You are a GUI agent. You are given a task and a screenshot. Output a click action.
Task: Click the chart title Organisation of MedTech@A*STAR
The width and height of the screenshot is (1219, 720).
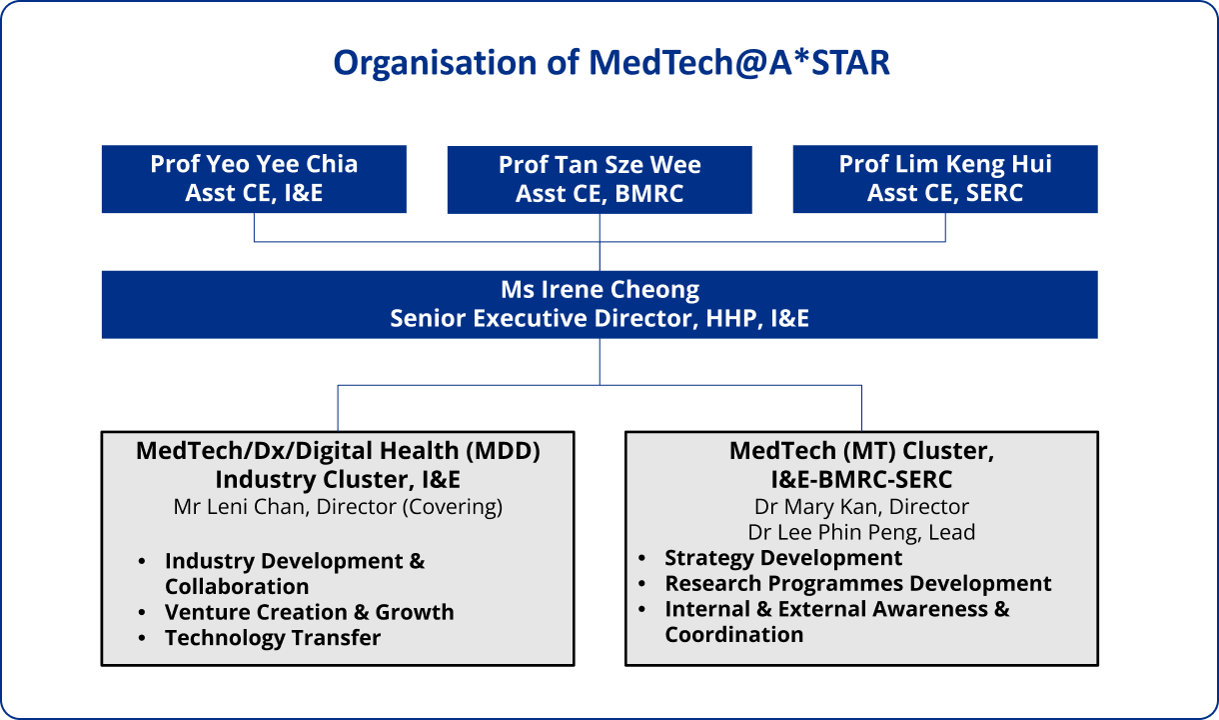tap(610, 62)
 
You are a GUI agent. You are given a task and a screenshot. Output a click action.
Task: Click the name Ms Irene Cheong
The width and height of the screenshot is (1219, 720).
tap(600, 290)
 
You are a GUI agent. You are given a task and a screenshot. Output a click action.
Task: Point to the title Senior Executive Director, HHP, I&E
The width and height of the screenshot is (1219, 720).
tap(600, 318)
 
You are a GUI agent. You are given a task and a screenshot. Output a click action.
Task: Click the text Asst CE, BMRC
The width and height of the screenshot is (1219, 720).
tap(600, 195)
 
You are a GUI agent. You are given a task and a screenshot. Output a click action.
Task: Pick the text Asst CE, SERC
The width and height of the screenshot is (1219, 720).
tap(945, 193)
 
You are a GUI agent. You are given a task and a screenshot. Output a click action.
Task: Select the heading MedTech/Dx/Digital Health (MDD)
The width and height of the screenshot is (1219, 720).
tap(338, 451)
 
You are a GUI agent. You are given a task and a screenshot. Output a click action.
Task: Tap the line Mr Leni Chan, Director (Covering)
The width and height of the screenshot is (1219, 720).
tap(338, 506)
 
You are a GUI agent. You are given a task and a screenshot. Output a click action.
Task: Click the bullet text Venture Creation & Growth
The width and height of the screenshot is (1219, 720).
tap(309, 612)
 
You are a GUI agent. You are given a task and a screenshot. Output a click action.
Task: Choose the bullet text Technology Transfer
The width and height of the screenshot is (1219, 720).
tap(273, 638)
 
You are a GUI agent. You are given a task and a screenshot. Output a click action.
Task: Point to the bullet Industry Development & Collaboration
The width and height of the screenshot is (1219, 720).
tap(295, 573)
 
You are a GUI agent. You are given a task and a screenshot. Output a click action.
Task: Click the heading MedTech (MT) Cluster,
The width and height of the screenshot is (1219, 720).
tap(861, 451)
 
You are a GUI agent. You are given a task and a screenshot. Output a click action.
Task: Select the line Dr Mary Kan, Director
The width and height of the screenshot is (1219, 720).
tap(861, 506)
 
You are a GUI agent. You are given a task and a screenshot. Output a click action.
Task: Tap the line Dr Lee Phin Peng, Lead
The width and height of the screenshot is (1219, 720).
tap(861, 532)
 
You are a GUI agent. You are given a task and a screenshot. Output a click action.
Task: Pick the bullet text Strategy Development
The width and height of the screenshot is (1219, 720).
tap(783, 558)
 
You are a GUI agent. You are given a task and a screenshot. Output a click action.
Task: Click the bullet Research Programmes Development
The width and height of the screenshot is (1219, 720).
tap(858, 584)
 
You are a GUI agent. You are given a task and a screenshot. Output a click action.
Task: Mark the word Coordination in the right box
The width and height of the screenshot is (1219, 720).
tap(734, 635)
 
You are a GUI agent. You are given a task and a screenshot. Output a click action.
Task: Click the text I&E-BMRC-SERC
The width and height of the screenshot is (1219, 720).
tap(861, 479)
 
